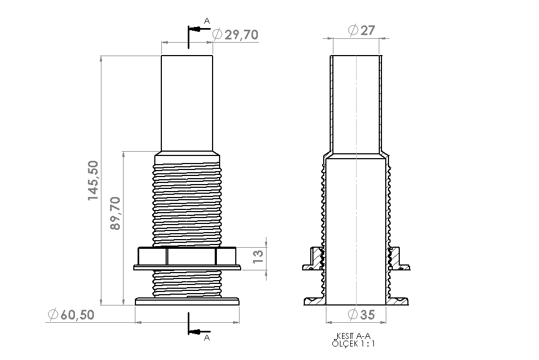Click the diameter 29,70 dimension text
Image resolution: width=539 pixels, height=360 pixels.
point(235,35)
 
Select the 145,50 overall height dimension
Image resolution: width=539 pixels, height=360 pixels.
point(93,180)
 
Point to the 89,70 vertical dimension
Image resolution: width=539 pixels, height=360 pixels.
point(115,213)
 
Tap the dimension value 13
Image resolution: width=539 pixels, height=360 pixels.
point(258,256)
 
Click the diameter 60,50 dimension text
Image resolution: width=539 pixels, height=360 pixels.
point(71,315)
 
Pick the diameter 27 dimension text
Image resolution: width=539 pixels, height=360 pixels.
point(361,30)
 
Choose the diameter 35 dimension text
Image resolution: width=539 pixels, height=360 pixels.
point(361,314)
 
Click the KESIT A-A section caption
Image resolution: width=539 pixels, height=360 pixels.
point(353,336)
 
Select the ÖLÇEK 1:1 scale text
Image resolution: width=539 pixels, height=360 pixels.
point(353,343)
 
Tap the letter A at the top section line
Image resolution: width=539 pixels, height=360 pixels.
point(207,21)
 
